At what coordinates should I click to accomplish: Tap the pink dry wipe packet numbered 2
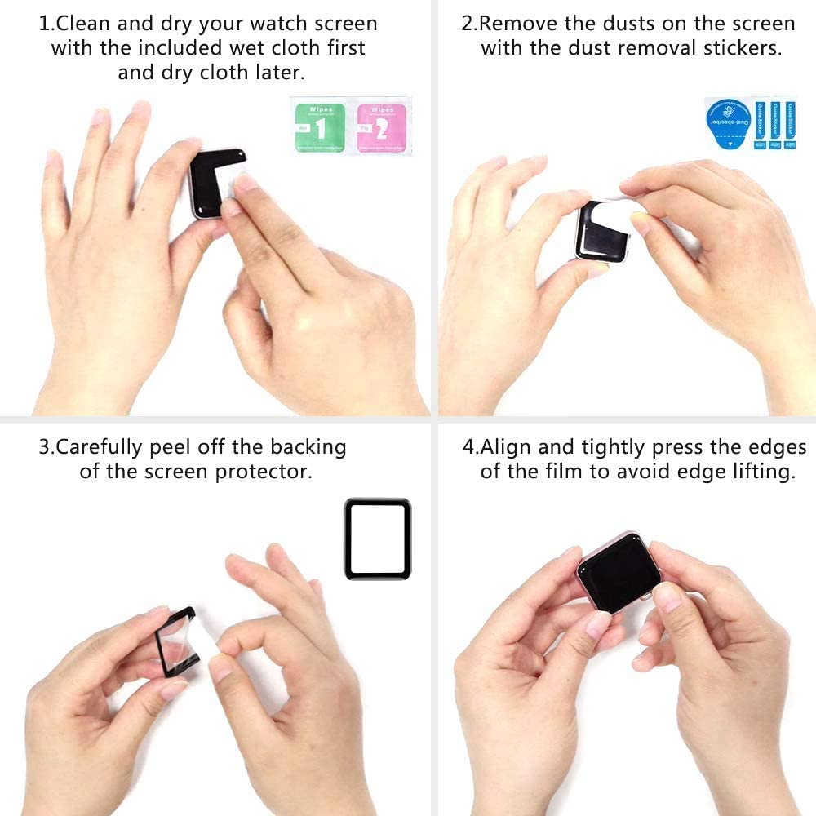point(380,126)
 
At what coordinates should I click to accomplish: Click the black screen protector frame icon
point(377,539)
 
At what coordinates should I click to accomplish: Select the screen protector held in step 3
point(175,641)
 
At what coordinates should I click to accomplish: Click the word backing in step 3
point(308,447)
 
